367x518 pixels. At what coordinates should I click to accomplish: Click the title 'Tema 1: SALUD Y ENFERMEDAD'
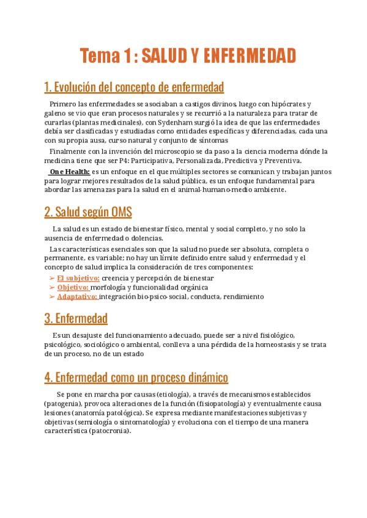[x=188, y=56]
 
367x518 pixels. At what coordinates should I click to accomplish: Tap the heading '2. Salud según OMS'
[x=88, y=212]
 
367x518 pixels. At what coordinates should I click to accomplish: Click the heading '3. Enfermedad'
[x=76, y=318]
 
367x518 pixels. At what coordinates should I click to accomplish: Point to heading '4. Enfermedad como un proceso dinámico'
[x=136, y=377]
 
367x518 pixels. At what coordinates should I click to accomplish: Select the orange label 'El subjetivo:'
[x=78, y=278]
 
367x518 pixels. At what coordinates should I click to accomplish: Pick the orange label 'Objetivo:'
[x=73, y=287]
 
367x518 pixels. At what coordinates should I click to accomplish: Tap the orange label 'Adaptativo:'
[x=77, y=296]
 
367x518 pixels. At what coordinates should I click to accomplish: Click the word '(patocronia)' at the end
[x=109, y=431]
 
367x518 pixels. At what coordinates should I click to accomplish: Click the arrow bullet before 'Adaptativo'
[x=51, y=296]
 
